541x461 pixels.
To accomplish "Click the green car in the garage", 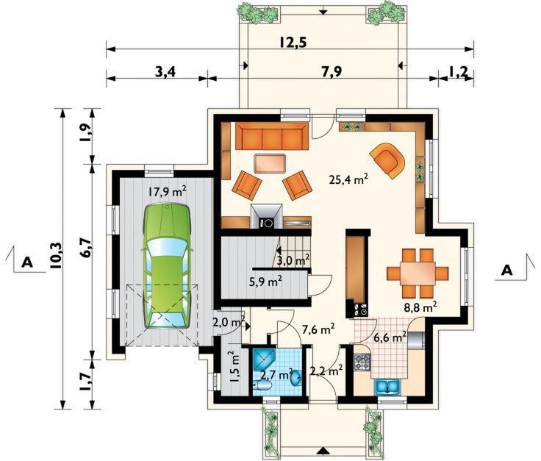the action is [x=167, y=266].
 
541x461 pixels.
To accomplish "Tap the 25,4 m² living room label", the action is [x=348, y=179].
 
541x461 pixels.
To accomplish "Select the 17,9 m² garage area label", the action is [x=168, y=191].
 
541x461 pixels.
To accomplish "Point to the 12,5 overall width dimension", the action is [x=293, y=43].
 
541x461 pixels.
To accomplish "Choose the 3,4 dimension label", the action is [x=165, y=72].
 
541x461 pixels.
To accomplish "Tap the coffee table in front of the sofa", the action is [x=270, y=163].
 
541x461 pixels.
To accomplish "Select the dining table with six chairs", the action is [x=418, y=274].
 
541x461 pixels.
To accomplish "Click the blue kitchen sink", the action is [x=387, y=386].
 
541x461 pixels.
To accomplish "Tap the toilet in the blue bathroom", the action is [x=263, y=386].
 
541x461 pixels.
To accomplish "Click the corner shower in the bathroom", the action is [x=263, y=359].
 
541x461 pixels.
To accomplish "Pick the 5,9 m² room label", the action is [x=265, y=282].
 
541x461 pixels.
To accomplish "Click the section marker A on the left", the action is [x=27, y=262].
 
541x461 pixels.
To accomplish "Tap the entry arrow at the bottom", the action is [x=323, y=451].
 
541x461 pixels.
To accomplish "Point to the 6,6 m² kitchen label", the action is [x=390, y=337].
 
